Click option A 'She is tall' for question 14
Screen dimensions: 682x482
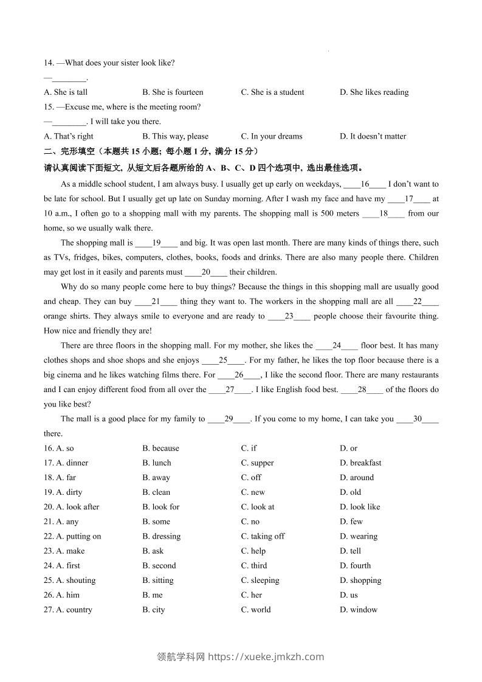66,92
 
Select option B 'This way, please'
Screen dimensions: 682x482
175,136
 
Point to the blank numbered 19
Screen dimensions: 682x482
156,243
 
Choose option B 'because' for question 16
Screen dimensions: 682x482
161,449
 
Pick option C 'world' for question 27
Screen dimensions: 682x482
256,610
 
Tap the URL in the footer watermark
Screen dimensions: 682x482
266,656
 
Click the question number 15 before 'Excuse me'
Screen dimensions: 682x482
49,107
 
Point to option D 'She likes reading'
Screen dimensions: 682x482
374,92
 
